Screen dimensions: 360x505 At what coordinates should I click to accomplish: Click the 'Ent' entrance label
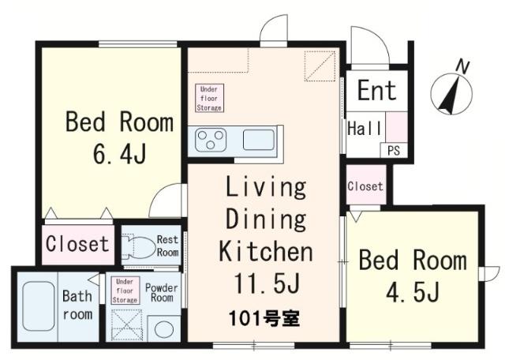coord(377,90)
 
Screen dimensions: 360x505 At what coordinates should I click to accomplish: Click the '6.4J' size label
coord(118,152)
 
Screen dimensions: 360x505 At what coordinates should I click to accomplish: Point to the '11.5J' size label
coord(265,280)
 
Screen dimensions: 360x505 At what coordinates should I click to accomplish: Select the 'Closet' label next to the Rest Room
coord(77,243)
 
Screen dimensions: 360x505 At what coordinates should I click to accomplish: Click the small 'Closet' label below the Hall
coord(365,187)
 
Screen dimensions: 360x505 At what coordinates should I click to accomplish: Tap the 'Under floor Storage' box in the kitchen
coord(210,98)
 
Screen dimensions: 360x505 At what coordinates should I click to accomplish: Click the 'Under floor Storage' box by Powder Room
coord(125,291)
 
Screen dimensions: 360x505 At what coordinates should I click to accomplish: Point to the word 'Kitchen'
coord(265,253)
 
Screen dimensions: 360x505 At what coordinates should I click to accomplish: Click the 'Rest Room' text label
coord(167,246)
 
